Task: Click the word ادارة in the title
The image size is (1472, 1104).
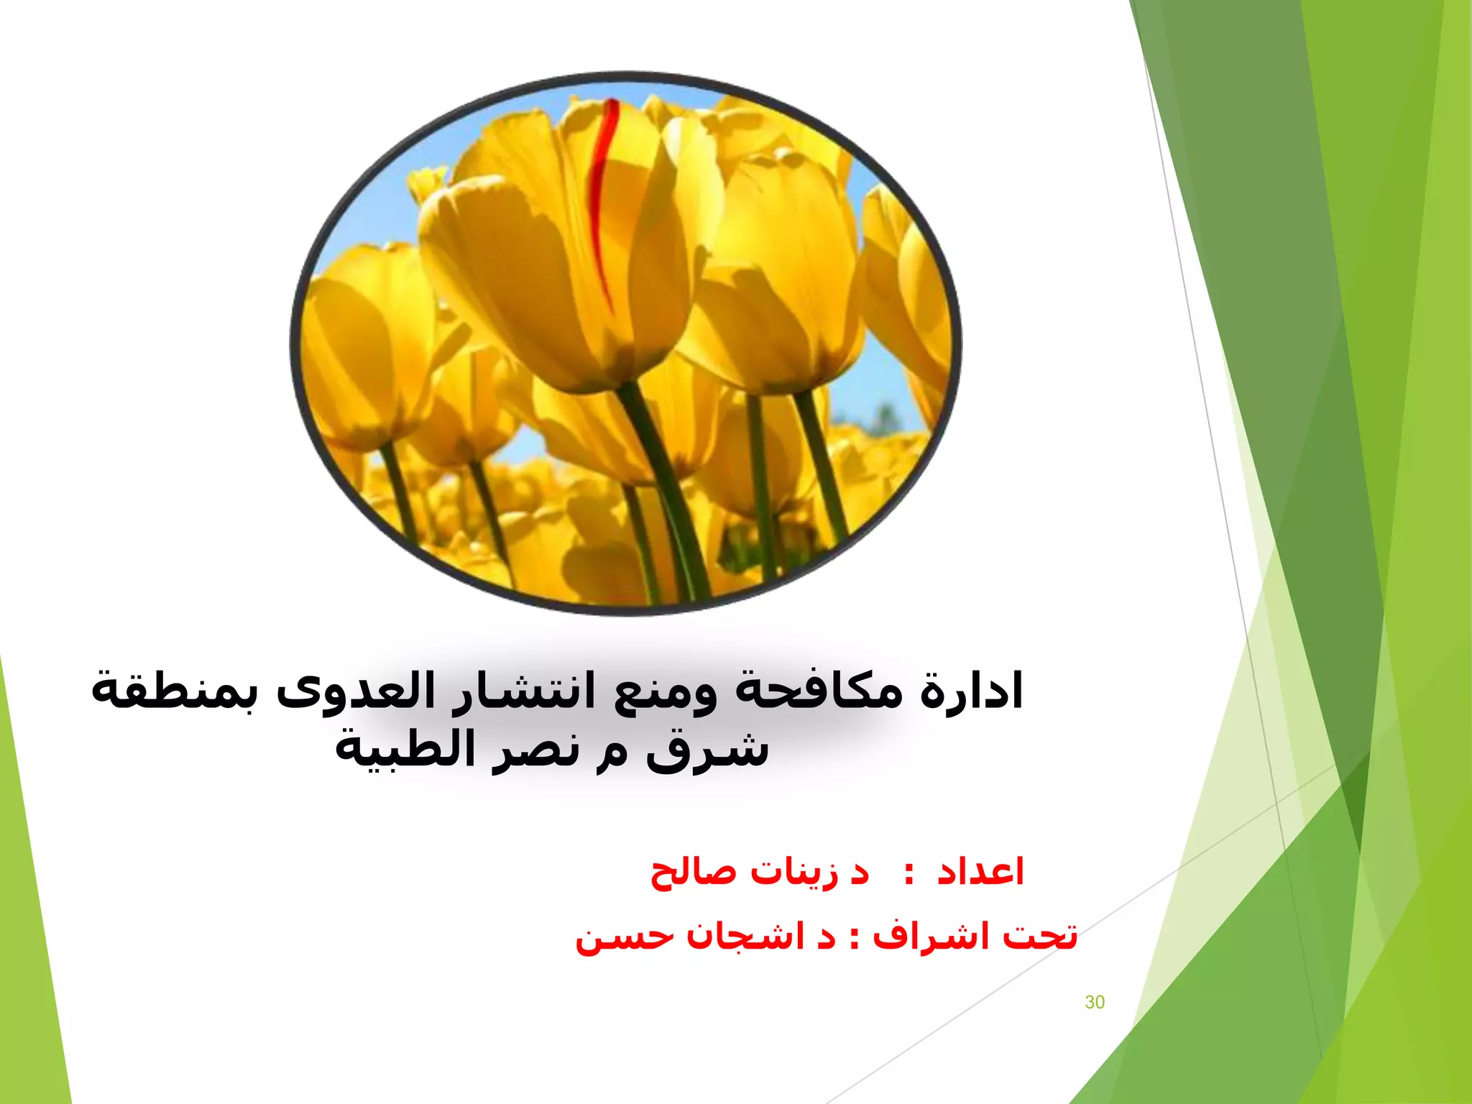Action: pyautogui.click(x=972, y=691)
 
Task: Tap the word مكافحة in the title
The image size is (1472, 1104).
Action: pyautogui.click(x=819, y=691)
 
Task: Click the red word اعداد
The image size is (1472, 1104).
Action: pyautogui.click(x=980, y=872)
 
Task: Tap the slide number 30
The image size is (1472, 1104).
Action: pyautogui.click(x=1094, y=1002)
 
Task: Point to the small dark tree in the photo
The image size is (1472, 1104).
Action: pyautogui.click(x=885, y=418)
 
